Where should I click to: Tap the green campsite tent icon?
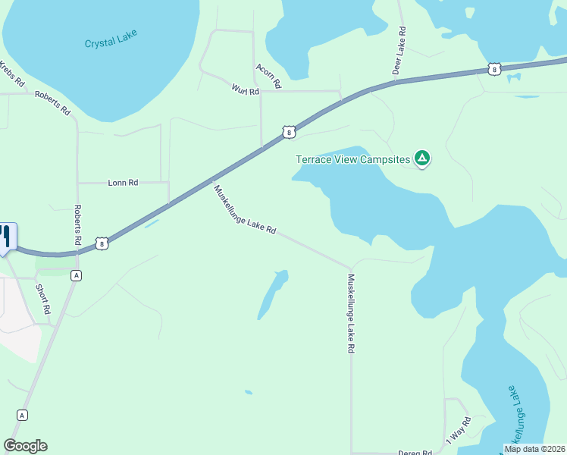point(422,158)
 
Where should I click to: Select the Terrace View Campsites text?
point(352,159)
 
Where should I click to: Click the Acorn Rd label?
point(268,74)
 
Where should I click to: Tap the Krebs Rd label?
point(13,73)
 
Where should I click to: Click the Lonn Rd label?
point(123,183)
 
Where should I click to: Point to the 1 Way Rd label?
point(458,430)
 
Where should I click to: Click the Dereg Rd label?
point(415,453)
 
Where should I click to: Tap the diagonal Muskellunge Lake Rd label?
point(244,210)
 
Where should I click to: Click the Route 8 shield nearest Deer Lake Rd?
point(494,69)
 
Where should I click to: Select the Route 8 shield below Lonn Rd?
point(102,243)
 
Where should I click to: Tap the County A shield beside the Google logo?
point(22,415)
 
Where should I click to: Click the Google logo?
point(25,446)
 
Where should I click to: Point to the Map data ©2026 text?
point(534,449)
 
